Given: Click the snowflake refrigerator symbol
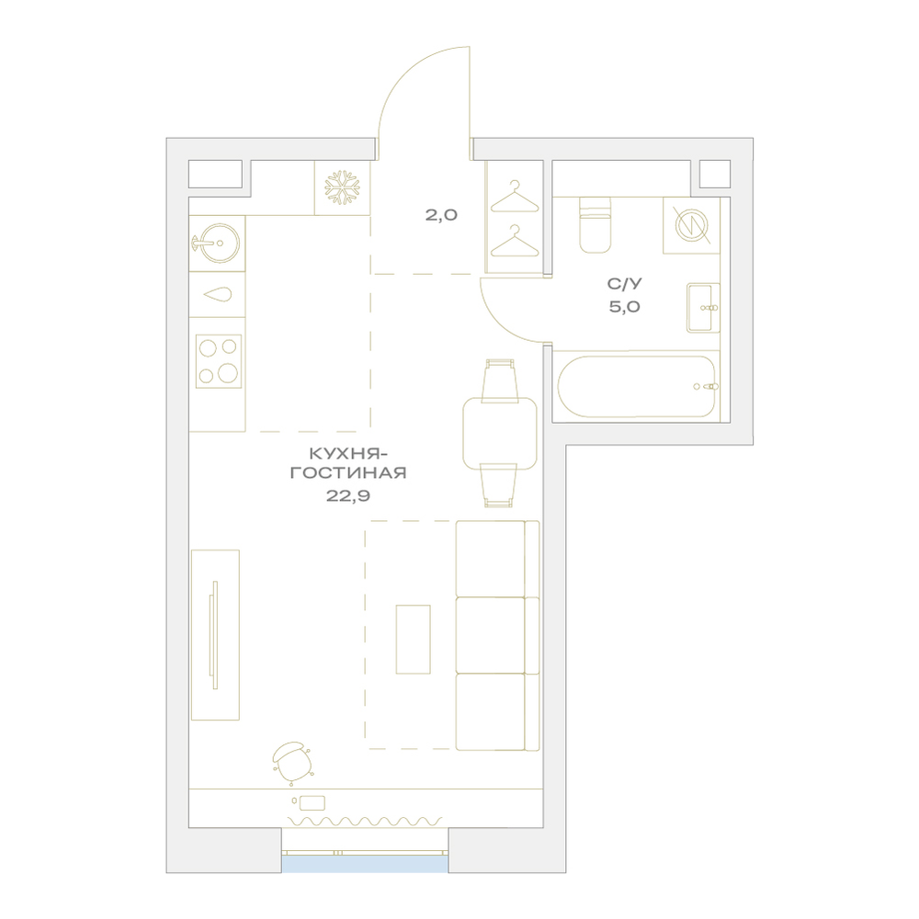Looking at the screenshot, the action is (342, 188).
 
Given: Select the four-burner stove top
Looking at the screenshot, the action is (218, 361).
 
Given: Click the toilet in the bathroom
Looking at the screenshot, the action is (595, 225).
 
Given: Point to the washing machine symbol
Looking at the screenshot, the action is (692, 226).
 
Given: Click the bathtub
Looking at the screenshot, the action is (636, 386).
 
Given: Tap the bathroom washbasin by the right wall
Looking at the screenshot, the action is (703, 308).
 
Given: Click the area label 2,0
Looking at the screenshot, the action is (441, 215).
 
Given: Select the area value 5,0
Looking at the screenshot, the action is (624, 307).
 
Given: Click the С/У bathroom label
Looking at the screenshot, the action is (624, 284).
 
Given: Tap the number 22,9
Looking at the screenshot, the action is (348, 496).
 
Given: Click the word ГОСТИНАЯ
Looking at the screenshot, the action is (348, 473).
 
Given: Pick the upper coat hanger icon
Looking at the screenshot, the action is (514, 197).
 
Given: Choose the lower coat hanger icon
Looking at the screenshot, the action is (514, 240).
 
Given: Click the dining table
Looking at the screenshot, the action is (499, 434).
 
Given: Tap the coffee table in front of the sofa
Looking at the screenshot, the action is (414, 640).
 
